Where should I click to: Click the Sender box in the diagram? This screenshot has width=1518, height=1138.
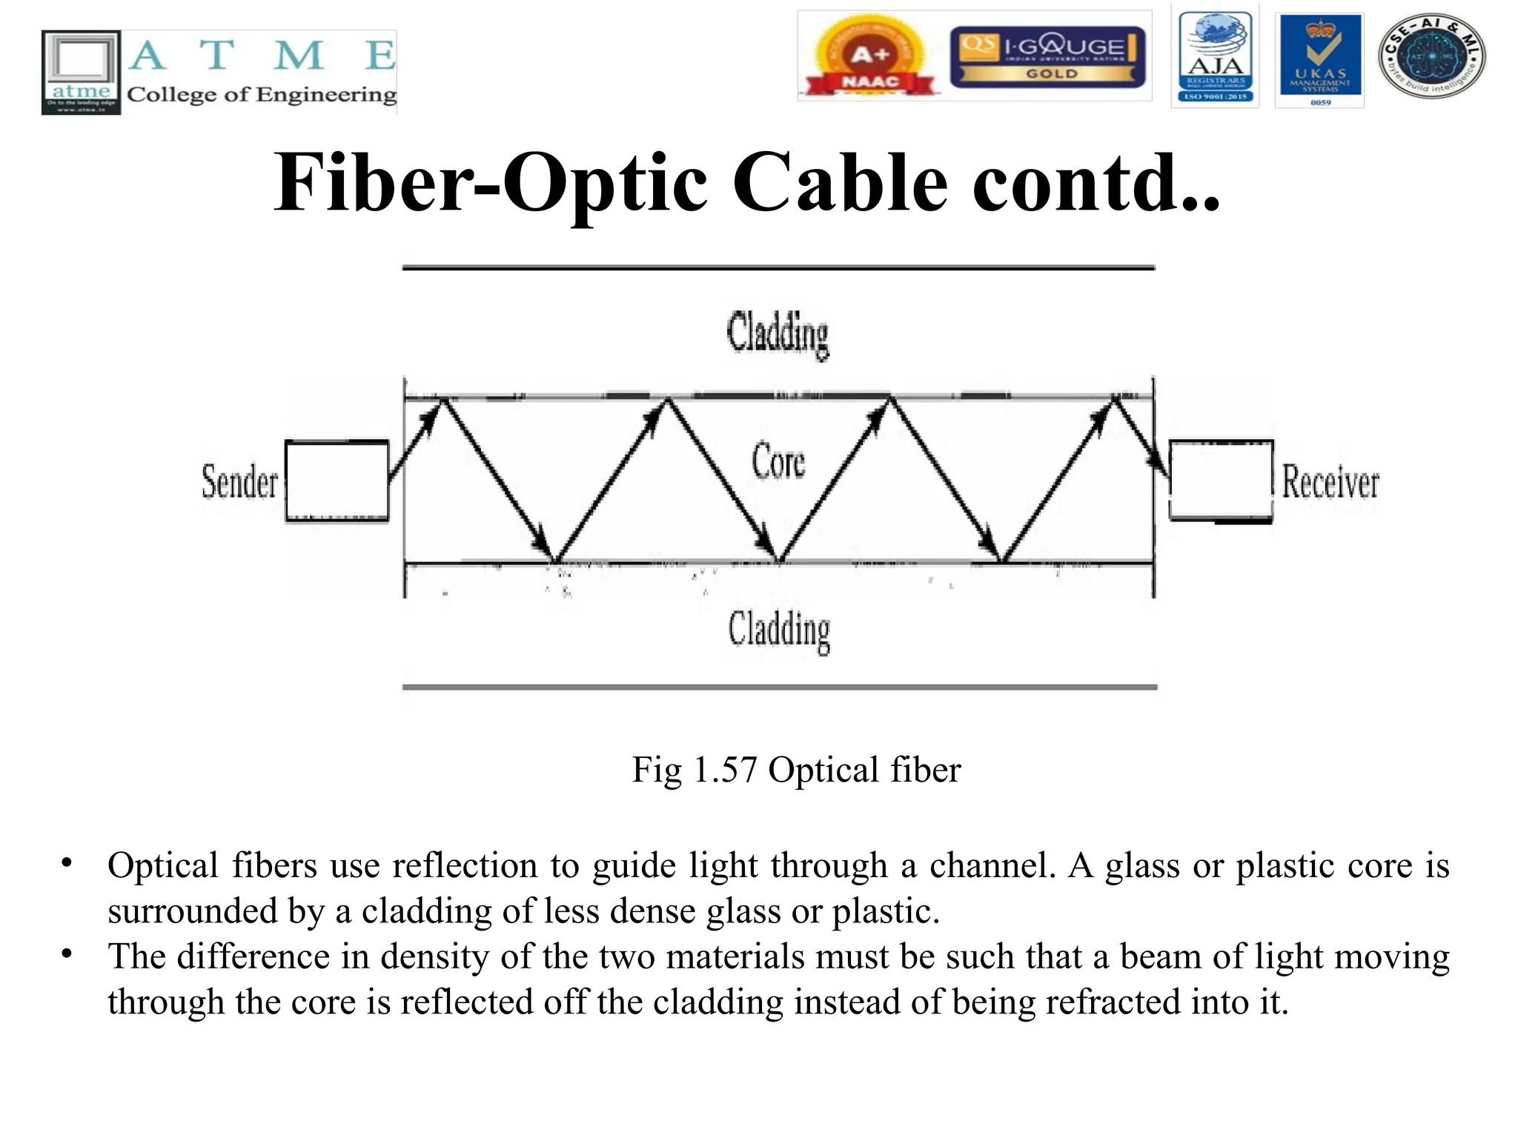337,482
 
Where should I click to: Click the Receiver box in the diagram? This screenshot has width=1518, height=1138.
1221,480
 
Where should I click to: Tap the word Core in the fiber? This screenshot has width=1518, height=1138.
778,461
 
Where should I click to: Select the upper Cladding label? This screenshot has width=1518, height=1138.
778,334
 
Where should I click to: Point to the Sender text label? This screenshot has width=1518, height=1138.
239,482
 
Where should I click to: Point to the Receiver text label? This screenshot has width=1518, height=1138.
1330,482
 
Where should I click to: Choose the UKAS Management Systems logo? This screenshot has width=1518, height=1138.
1319,59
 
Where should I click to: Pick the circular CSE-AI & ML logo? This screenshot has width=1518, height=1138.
1431,56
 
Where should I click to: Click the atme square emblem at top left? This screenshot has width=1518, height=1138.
81,72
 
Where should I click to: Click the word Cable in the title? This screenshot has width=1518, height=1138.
840,183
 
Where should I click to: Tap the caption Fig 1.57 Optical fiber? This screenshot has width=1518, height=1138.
796,770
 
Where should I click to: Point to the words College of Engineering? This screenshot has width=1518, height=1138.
262,95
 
